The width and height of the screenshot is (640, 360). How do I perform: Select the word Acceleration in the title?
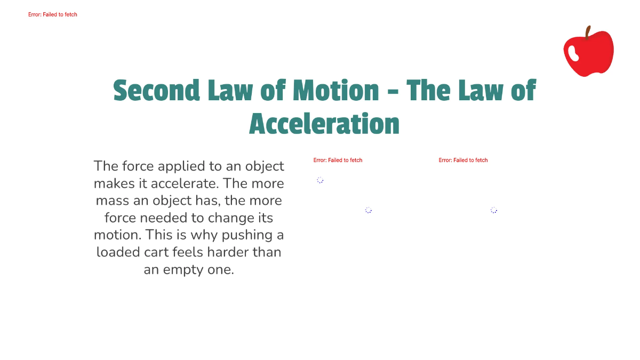tap(324, 124)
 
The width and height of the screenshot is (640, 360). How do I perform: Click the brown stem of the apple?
tap(588, 33)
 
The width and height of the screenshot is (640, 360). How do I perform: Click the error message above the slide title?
tap(53, 14)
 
